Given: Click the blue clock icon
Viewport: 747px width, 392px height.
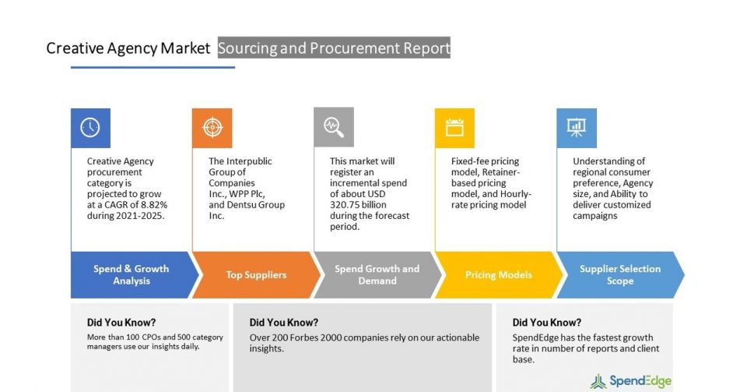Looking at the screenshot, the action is coord(90,128).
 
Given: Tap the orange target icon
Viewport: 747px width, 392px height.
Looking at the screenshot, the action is coord(212,127).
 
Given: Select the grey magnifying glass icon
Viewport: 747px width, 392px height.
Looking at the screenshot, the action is coord(334,127).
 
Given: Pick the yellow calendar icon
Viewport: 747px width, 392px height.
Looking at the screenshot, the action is coord(454,127).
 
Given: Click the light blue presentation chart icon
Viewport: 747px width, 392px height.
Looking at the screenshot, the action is coord(577,127).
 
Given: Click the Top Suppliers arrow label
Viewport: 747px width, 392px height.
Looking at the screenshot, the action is coord(256,274).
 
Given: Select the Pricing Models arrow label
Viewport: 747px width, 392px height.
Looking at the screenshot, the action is coord(498,274).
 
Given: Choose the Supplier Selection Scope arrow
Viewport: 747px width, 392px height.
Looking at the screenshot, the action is coord(620,274).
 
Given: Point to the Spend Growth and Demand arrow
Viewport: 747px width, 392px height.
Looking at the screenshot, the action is coord(377,274).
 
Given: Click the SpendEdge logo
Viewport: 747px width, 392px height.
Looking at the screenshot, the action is coord(631,381).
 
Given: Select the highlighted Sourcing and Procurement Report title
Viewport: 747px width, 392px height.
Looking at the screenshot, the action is coord(334,48).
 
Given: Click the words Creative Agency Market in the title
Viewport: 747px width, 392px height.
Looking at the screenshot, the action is coord(128,48).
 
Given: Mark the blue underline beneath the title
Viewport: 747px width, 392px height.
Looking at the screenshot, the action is coord(153,67).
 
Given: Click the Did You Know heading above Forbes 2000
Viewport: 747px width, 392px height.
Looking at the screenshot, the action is coord(284,323).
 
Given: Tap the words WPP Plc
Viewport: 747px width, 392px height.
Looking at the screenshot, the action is coord(247,194).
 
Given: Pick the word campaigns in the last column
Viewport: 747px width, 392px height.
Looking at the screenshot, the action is coord(595,216).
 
